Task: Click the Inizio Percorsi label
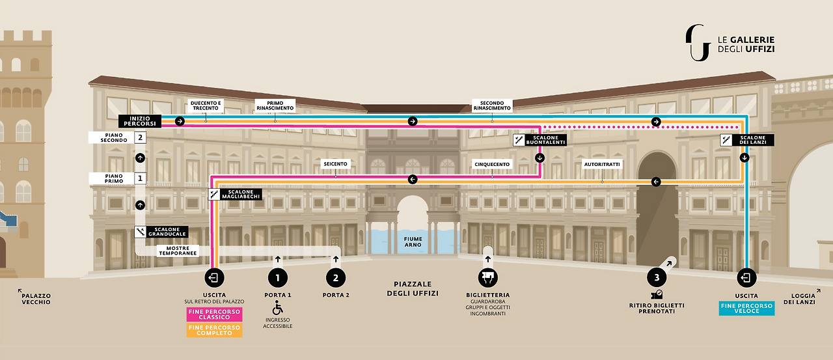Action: click(x=139, y=120)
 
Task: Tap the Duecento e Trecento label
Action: click(x=206, y=105)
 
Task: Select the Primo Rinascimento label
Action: click(x=275, y=105)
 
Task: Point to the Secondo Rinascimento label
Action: click(x=492, y=105)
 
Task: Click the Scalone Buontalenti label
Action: click(x=546, y=140)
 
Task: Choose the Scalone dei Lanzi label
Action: click(x=753, y=140)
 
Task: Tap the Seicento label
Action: click(x=335, y=163)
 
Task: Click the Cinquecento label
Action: click(x=492, y=163)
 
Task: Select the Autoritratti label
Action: click(x=602, y=163)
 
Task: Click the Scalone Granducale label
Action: click(x=167, y=232)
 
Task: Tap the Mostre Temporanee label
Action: click(x=178, y=251)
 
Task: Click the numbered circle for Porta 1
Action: click(x=277, y=278)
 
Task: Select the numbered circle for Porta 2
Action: click(x=336, y=278)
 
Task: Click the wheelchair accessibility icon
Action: click(x=277, y=307)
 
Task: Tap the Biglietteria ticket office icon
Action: click(x=487, y=278)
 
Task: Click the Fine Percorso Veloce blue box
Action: click(x=746, y=308)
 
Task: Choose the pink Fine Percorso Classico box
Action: click(x=214, y=314)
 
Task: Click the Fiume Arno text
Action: click(x=413, y=242)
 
